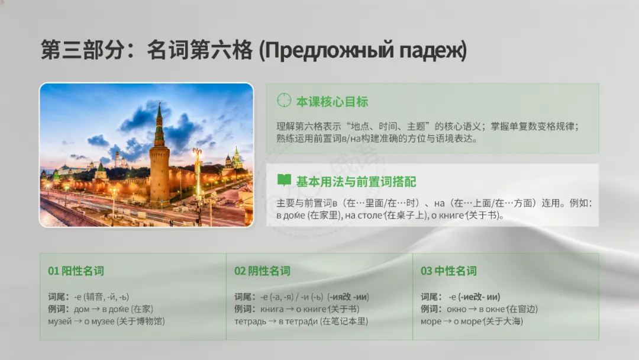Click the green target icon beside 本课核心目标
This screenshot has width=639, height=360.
(284, 100)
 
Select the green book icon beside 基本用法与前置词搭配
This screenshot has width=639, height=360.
(284, 180)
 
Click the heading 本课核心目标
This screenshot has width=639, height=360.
(332, 101)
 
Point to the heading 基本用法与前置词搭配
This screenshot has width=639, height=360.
(356, 181)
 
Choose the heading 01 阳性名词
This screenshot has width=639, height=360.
(76, 271)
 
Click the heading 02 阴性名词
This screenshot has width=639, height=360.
(262, 271)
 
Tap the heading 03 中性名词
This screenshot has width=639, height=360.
(448, 271)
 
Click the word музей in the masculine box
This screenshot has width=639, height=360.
(60, 322)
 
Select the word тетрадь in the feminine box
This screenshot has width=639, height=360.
(250, 322)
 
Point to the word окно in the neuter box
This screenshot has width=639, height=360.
(456, 309)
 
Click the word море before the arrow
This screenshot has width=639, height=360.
(431, 322)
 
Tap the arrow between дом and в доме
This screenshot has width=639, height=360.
(96, 309)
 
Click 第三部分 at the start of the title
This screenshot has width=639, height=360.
(82, 50)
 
